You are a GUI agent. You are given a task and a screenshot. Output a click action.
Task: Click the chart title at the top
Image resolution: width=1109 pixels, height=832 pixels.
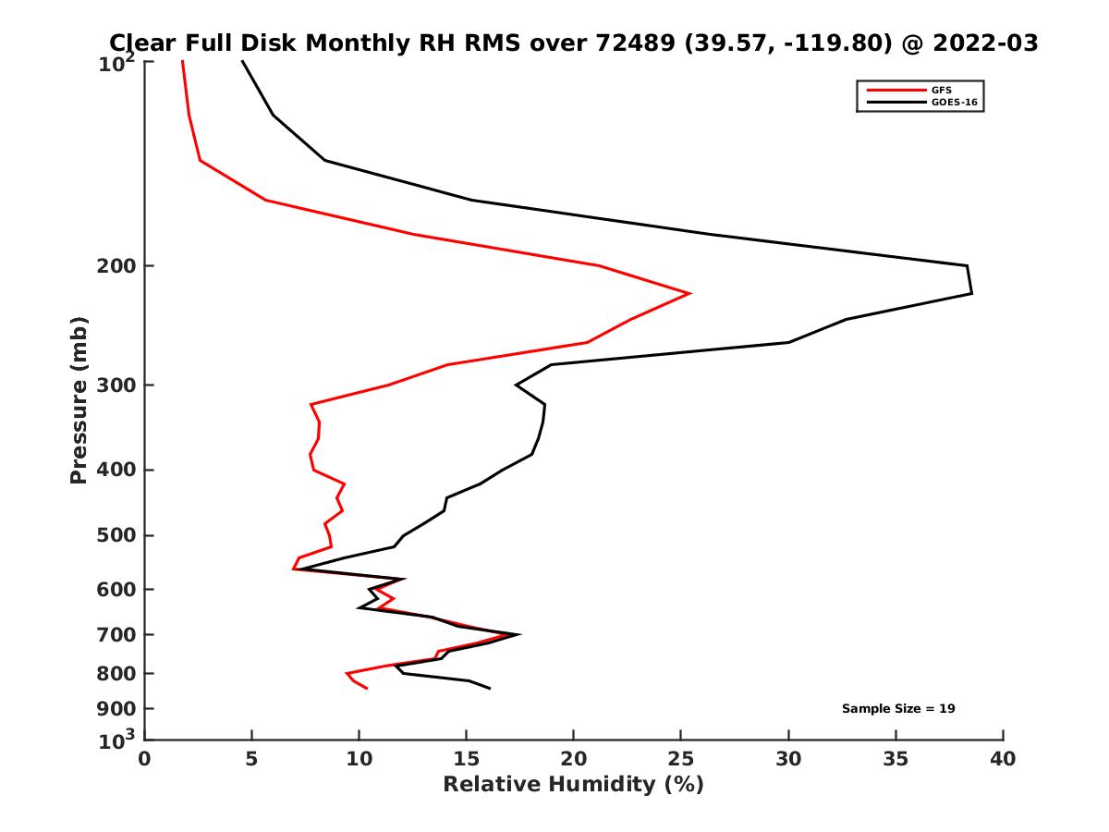click(x=573, y=43)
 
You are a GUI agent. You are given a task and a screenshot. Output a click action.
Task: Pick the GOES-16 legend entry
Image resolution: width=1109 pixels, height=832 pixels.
click(x=957, y=102)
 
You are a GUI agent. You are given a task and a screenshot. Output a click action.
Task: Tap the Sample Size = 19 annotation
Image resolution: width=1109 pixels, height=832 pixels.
click(x=897, y=709)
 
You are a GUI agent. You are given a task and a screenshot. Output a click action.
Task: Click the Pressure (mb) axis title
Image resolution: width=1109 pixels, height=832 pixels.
click(x=79, y=399)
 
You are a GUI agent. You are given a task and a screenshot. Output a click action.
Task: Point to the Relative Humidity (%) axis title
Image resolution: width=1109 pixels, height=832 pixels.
click(x=573, y=785)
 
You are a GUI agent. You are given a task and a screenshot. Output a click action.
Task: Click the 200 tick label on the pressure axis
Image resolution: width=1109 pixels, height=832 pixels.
click(x=116, y=266)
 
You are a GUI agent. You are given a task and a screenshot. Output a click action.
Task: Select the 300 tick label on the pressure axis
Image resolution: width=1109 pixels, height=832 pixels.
click(x=116, y=385)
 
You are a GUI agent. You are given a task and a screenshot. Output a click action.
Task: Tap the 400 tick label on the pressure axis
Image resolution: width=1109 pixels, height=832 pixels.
click(x=116, y=470)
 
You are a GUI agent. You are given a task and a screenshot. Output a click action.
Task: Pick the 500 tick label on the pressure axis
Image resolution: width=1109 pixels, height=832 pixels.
click(x=116, y=535)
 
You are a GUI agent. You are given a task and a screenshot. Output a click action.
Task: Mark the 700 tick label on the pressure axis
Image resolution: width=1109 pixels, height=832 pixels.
click(x=116, y=635)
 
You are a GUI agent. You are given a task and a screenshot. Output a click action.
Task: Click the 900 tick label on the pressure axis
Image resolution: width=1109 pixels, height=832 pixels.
click(x=116, y=709)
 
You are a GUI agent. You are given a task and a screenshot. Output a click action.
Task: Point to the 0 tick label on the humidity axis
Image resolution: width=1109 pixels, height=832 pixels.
click(x=145, y=760)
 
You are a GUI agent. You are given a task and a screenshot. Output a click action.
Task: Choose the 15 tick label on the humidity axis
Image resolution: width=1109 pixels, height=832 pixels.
click(x=467, y=760)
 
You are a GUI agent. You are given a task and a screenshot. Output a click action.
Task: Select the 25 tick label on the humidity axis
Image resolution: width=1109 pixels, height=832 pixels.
click(x=681, y=760)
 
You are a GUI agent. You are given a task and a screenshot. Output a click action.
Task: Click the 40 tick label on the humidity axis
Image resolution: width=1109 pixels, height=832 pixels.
click(x=1003, y=760)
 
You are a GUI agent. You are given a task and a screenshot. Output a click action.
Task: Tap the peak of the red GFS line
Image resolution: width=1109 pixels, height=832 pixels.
click(x=690, y=294)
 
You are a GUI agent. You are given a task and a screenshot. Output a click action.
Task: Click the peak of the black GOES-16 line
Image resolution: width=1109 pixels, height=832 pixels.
click(x=971, y=293)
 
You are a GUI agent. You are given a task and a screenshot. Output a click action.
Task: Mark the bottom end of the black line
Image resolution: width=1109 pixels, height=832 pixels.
click(x=490, y=688)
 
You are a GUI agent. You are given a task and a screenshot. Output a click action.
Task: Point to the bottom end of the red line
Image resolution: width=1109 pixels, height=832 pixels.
click(x=367, y=688)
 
